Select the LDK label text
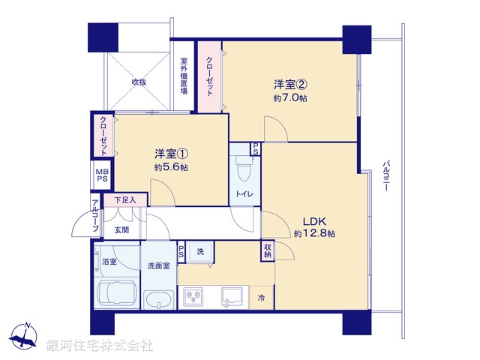313,222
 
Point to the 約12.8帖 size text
314,234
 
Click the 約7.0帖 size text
290,98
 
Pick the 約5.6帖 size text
171,167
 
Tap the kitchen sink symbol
232,296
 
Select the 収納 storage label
268,250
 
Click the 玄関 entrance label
121,229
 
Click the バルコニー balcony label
385,177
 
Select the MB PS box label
100,176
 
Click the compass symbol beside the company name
26,336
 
